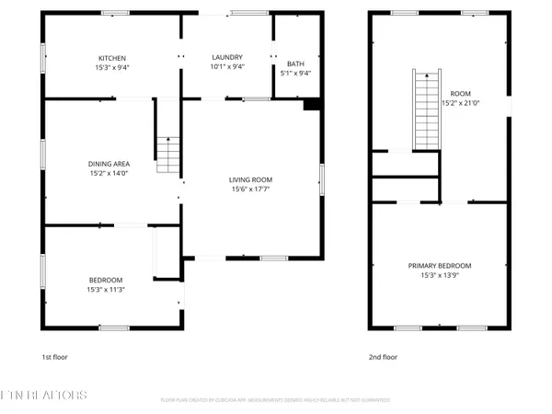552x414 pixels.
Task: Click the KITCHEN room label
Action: point(112,57)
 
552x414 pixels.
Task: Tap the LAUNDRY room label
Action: point(226,57)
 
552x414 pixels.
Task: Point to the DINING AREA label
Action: point(109,163)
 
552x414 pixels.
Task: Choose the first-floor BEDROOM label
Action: point(107,280)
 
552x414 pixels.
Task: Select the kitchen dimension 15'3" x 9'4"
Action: point(112,67)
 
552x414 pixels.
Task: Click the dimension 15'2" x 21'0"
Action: point(459,104)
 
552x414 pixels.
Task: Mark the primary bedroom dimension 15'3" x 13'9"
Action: point(439,275)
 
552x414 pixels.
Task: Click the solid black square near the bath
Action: point(310,105)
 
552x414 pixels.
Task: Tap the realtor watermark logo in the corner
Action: point(44,396)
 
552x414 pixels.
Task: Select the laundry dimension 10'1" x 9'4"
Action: point(226,67)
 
